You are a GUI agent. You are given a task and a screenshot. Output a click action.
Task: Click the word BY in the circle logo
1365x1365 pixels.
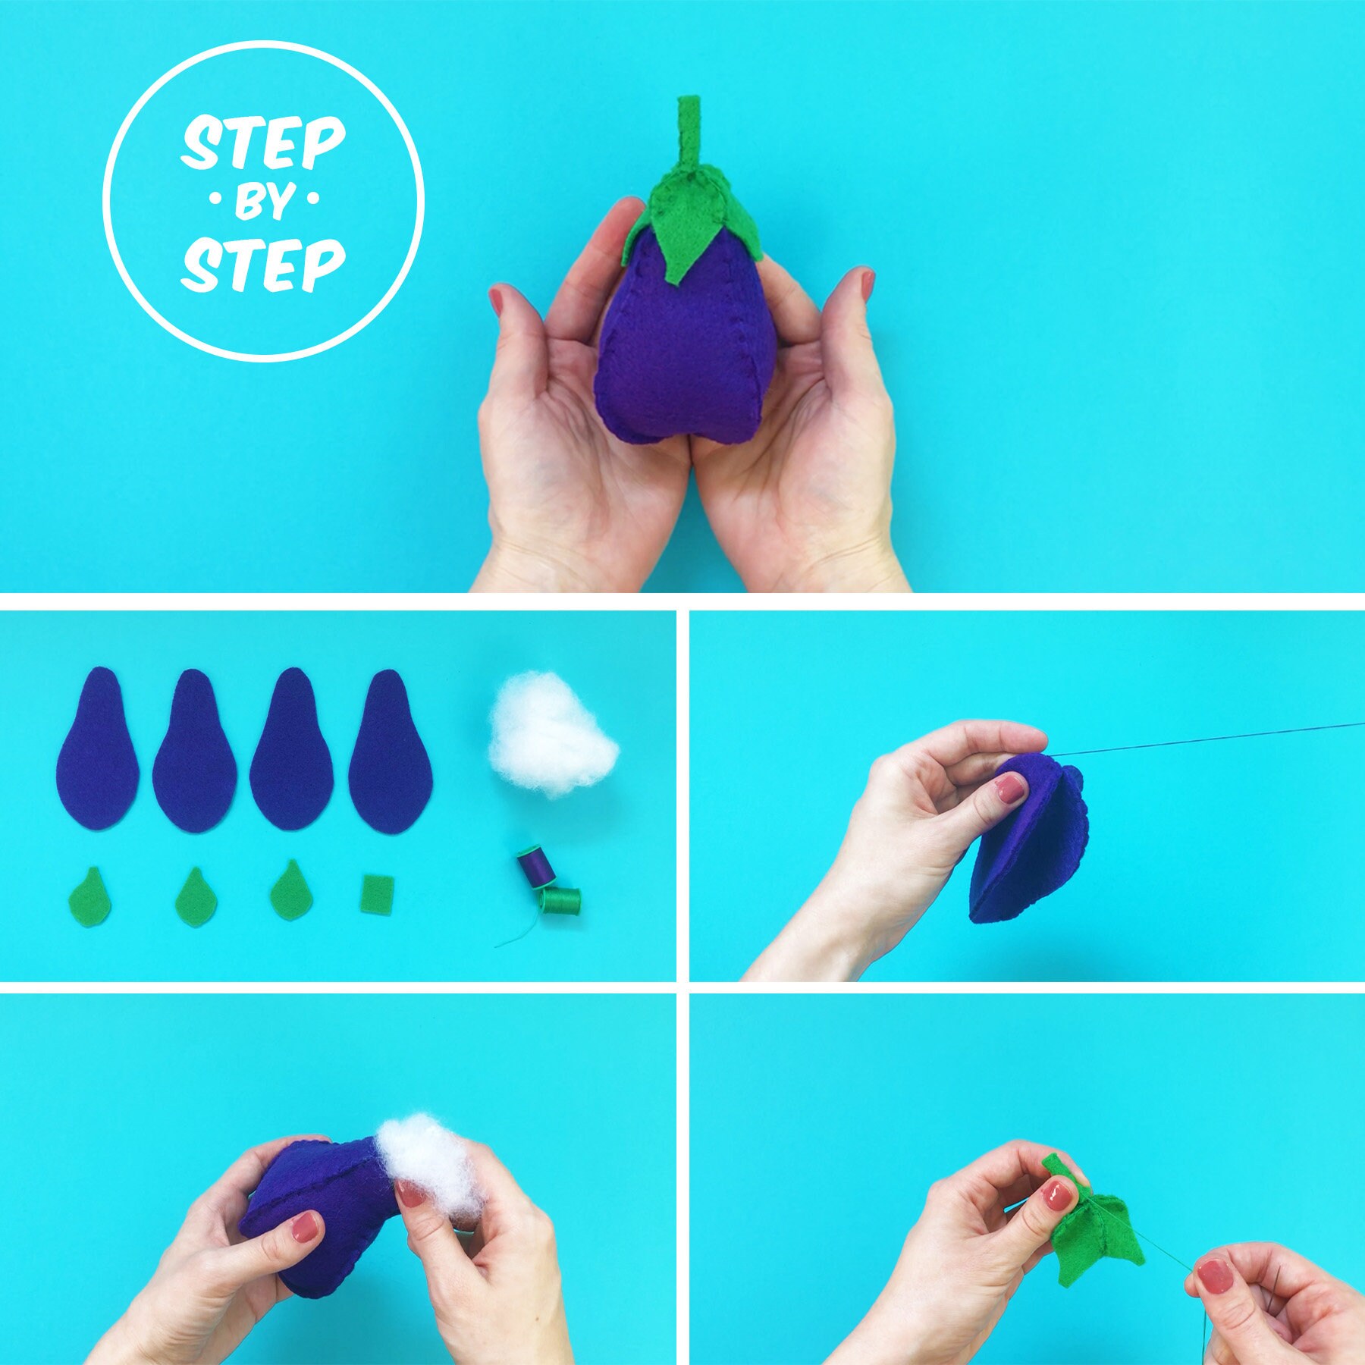tap(263, 202)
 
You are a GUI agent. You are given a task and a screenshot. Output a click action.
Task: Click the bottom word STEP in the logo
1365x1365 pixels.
tap(263, 265)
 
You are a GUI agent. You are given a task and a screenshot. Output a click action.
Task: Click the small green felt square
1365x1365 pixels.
tap(378, 895)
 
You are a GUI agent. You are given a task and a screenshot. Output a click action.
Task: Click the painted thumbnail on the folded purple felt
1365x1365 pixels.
tap(1009, 791)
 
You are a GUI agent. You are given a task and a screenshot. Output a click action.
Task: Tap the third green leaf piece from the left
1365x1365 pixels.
tap(290, 891)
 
